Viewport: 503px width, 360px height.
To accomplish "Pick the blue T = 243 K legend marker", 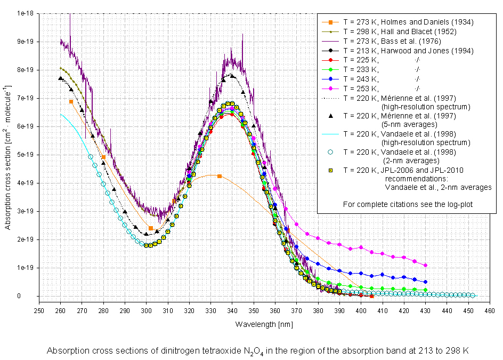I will coord(330,79).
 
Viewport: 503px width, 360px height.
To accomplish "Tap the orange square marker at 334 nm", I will coord(220,176).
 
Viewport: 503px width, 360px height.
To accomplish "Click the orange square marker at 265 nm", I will coord(71,101).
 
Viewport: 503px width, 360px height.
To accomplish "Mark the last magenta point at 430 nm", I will coord(425,265).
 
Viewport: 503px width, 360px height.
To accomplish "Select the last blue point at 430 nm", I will coord(425,282).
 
